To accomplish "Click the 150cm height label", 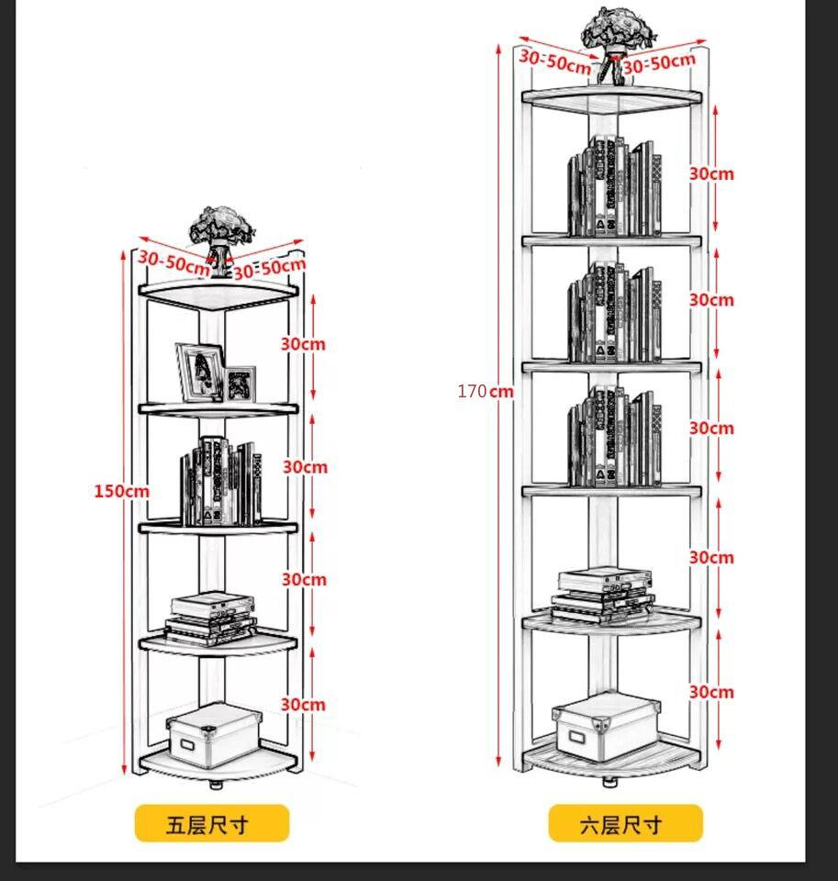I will click(x=121, y=491).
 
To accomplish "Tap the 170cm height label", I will click(x=486, y=392).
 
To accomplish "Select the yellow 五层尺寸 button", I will click(x=211, y=823).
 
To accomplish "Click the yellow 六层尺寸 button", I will click(x=625, y=823).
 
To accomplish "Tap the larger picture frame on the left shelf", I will click(x=200, y=371).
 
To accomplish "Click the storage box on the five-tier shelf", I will click(x=214, y=733).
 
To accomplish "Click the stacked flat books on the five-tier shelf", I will click(x=211, y=616).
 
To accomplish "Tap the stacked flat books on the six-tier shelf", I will click(x=605, y=592).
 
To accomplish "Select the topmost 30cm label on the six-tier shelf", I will click(x=711, y=173).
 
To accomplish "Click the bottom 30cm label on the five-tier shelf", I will click(x=303, y=705).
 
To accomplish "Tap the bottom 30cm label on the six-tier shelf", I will click(x=711, y=692).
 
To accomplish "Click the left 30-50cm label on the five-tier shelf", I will click(x=173, y=262).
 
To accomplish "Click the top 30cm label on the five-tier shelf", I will click(x=303, y=344).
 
